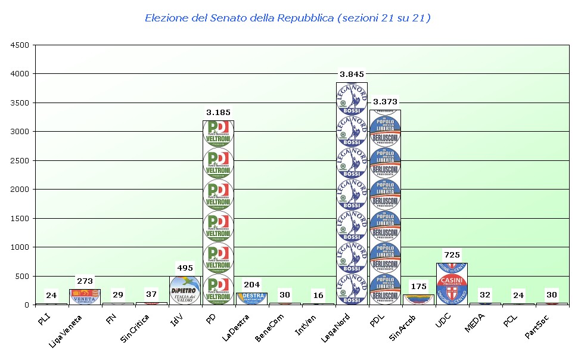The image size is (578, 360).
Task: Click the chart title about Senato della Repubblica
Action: (288, 18)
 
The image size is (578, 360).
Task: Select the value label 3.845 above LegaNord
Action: (352, 75)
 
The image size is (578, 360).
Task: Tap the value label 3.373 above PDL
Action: (385, 102)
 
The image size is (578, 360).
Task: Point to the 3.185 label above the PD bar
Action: (218, 112)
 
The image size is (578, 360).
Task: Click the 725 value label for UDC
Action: (452, 255)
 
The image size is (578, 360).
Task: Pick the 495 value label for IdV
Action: (185, 268)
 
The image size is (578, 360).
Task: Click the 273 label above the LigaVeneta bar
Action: (85, 281)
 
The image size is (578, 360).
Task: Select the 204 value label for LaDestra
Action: (251, 285)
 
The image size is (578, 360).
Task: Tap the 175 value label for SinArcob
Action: (418, 287)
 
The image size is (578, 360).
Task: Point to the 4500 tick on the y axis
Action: (20, 45)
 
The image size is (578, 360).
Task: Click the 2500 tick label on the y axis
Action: (20, 160)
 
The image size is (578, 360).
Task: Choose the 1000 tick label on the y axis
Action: (20, 247)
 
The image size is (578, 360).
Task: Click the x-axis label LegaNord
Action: (335, 327)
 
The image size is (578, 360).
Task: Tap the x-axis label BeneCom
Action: (269, 327)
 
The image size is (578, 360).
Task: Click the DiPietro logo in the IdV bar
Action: (185, 290)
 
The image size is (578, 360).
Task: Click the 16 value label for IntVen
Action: (318, 296)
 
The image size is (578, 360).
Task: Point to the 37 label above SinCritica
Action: (151, 294)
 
